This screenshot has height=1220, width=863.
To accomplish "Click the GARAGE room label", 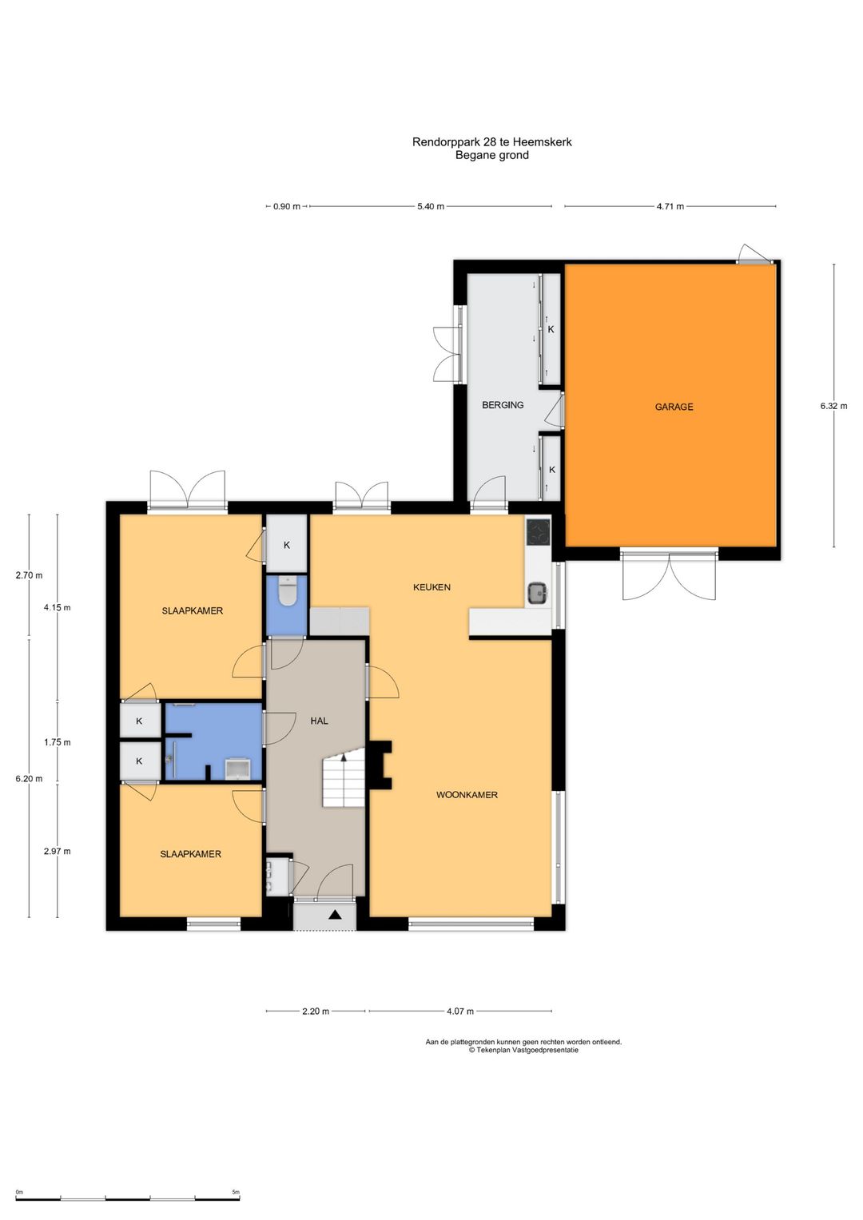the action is coord(674,407).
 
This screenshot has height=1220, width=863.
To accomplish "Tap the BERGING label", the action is coord(503,405).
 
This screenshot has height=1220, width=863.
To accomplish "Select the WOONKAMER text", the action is coord(467,795).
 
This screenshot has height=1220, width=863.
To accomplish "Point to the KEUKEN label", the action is coord(431,587).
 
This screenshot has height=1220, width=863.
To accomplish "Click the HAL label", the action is coord(320,721).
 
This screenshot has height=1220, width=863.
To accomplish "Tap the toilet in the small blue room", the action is coord(287,592).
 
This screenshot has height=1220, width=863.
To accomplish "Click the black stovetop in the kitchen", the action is coord(539,531).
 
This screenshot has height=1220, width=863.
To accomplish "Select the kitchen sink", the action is coord(537,591).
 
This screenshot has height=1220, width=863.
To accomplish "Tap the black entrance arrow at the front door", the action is coord(335,915).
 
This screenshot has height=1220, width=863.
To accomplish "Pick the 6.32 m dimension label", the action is coord(833,406).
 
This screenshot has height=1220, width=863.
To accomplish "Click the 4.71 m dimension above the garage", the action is coord(670,206).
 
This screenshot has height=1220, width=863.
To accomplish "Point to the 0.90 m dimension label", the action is coord(287,206).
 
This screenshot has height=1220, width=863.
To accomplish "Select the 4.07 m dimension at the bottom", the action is coord(459,1011).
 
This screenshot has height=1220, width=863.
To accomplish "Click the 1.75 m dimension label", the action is coord(58,742).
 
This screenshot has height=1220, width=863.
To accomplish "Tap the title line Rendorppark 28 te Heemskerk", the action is coord(492,142).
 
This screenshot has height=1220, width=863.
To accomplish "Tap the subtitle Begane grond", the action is coord(492,155).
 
